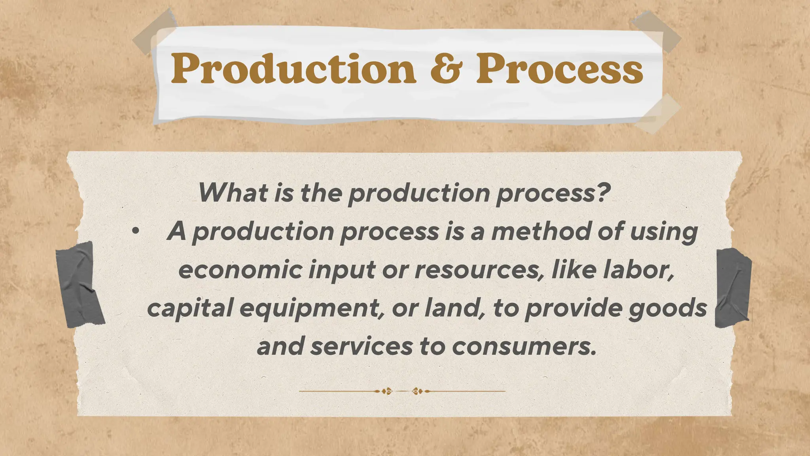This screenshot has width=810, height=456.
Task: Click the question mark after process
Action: click(601, 193)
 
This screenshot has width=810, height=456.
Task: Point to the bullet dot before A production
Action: click(136, 232)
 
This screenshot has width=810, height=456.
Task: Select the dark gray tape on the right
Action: click(733, 288)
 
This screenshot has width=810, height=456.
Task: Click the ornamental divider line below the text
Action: click(402, 391)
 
